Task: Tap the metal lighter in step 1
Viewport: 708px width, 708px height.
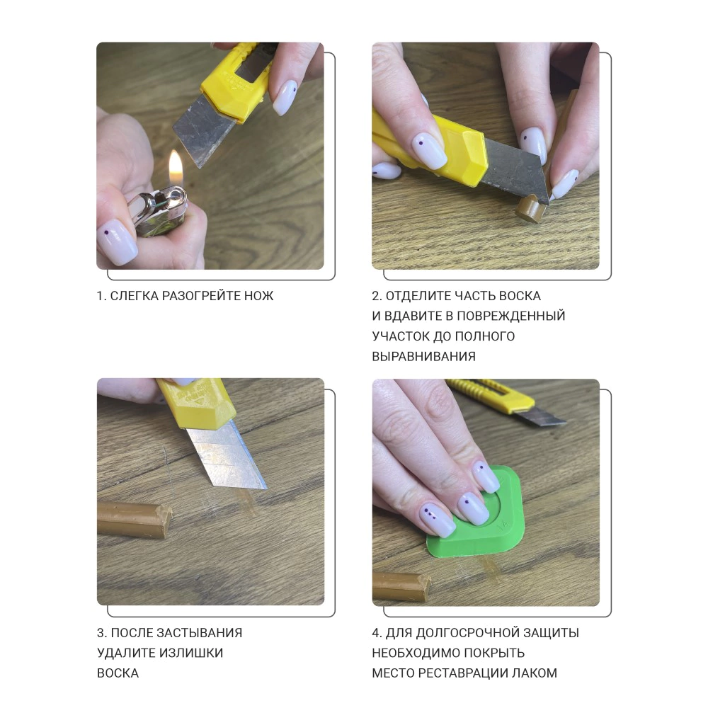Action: (x=159, y=211)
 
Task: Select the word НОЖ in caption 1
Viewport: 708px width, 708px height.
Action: (x=258, y=296)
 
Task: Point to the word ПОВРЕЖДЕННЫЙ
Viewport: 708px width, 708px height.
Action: (x=511, y=316)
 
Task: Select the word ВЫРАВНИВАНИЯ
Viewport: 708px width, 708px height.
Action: (x=423, y=357)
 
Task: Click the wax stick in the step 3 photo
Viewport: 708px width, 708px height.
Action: (x=135, y=519)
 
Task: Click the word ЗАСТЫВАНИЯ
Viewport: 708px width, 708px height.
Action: (x=199, y=633)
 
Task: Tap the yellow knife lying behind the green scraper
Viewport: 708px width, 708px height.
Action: (x=506, y=401)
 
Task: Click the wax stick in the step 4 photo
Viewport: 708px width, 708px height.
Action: (x=401, y=587)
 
